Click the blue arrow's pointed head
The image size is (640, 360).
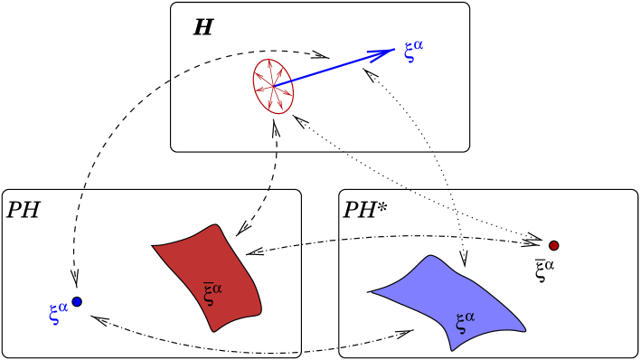[391, 51]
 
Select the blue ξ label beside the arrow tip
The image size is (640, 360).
[409, 52]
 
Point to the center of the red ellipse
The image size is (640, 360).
[273, 87]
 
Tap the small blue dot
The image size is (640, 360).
[77, 301]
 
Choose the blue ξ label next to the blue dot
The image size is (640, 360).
[54, 315]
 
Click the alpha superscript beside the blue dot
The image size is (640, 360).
[63, 307]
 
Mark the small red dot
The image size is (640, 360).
[554, 245]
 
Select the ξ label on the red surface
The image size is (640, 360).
[209, 295]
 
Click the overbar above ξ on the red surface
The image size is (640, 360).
[208, 283]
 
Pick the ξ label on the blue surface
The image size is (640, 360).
[461, 323]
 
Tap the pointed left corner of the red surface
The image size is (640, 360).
[155, 246]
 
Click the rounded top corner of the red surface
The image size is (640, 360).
[215, 227]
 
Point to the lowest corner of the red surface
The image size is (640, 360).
[214, 330]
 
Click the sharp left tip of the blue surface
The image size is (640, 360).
[371, 292]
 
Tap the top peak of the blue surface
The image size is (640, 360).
[431, 257]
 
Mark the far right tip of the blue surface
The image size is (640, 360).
[524, 329]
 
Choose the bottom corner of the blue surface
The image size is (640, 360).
[452, 349]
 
